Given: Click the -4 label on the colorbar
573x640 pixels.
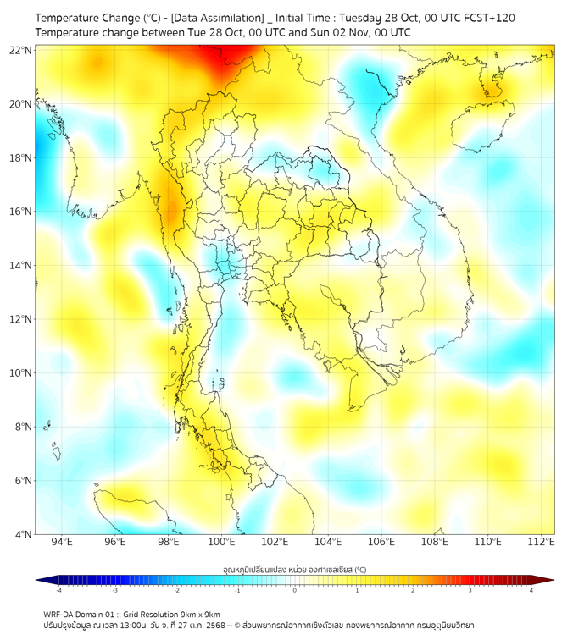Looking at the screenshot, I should (58, 590).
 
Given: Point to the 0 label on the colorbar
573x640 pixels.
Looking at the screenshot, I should (295, 590).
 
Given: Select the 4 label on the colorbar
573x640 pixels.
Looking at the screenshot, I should (531, 590).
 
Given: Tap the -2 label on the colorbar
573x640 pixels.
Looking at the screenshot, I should (176, 590).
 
